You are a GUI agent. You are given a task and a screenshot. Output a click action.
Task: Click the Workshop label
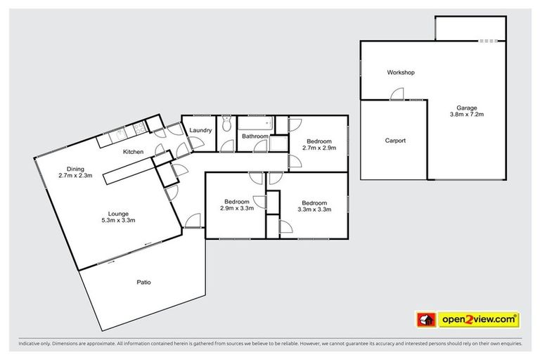(401, 72)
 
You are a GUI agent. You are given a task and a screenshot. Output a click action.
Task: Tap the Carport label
(395, 141)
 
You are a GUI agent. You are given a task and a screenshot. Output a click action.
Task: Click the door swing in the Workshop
(397, 94)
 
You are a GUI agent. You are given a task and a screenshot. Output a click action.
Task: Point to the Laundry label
(201, 130)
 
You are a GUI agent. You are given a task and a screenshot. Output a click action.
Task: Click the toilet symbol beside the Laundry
(226, 126)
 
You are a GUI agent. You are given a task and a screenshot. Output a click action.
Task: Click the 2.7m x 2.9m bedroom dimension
(319, 148)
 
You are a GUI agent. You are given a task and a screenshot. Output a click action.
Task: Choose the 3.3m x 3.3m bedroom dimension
(314, 209)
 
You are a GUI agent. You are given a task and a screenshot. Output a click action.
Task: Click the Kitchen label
(134, 152)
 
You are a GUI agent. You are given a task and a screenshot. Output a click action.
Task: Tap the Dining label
(75, 169)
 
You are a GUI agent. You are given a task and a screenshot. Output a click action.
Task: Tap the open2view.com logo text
(479, 320)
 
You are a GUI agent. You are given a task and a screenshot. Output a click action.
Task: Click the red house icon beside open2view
(426, 320)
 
